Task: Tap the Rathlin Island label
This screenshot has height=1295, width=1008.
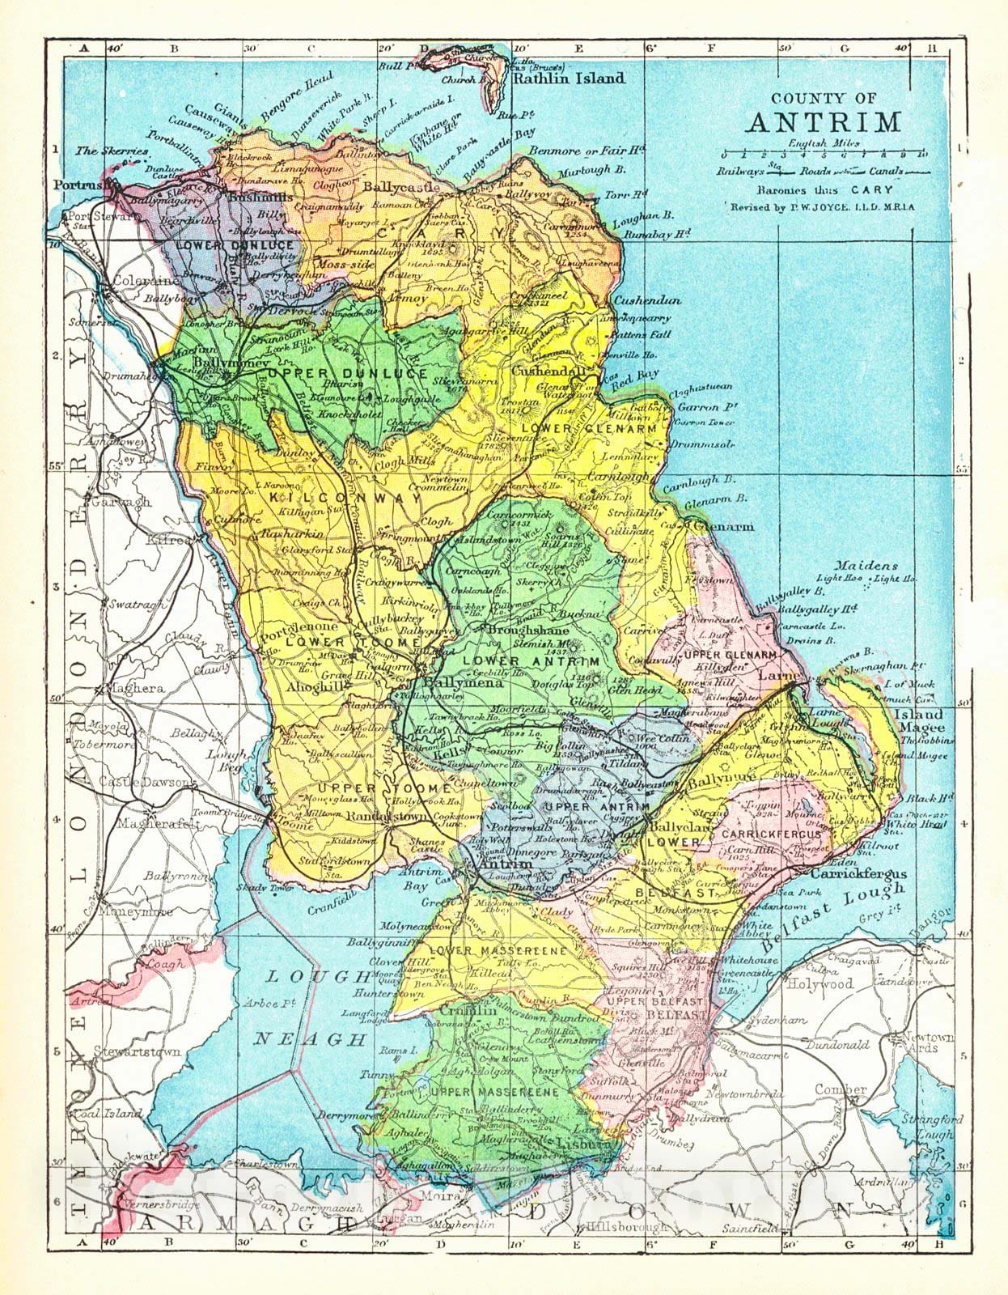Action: pyautogui.click(x=568, y=79)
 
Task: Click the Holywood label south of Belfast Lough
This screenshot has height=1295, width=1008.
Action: pyautogui.click(x=822, y=983)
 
